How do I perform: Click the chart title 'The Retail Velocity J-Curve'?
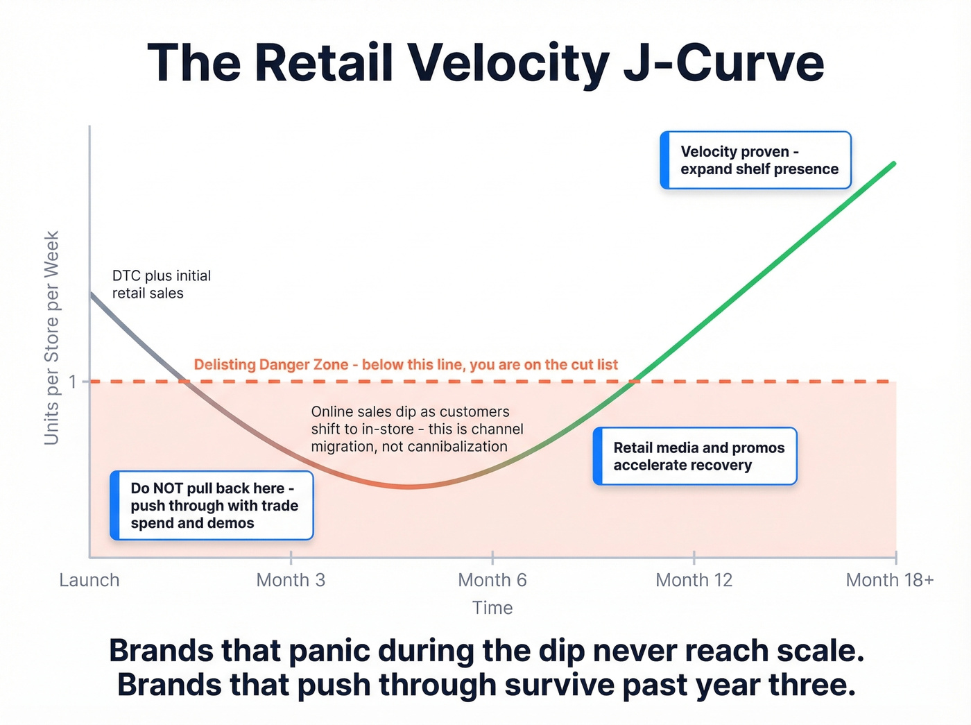point(486,63)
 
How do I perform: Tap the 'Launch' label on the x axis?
point(89,580)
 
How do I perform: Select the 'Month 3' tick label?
point(291,580)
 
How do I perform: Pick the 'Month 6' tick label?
point(492,580)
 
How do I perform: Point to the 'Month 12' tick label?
point(694,580)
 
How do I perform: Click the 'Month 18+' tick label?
point(889,580)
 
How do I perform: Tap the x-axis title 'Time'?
point(492,608)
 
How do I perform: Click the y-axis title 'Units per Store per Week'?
point(52,338)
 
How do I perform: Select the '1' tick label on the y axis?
point(73,382)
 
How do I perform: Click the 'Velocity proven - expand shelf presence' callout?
point(756,160)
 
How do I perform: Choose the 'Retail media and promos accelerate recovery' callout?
point(696,457)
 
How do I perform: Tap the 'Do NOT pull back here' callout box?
point(212,506)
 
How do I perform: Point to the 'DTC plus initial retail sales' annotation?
point(161,284)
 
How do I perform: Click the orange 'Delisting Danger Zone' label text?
point(406,365)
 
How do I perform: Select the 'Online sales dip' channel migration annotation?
point(416,429)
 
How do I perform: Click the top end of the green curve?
point(893,164)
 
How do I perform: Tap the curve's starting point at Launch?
point(91,294)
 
